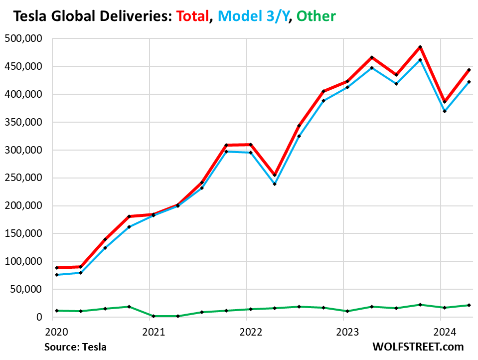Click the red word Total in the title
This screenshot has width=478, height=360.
(192, 16)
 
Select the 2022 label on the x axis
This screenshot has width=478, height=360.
(246, 331)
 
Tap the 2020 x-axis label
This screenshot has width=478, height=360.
(52, 331)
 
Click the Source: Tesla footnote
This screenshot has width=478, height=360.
(75, 347)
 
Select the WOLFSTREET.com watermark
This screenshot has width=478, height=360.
(418, 347)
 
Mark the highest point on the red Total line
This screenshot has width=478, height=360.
(420, 47)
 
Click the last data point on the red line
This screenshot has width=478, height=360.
(469, 70)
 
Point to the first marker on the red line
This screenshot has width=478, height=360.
(57, 268)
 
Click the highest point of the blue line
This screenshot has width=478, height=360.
(420, 60)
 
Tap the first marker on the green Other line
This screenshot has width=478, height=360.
(57, 311)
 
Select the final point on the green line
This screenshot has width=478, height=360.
(469, 305)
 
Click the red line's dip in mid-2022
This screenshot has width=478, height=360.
(275, 175)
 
